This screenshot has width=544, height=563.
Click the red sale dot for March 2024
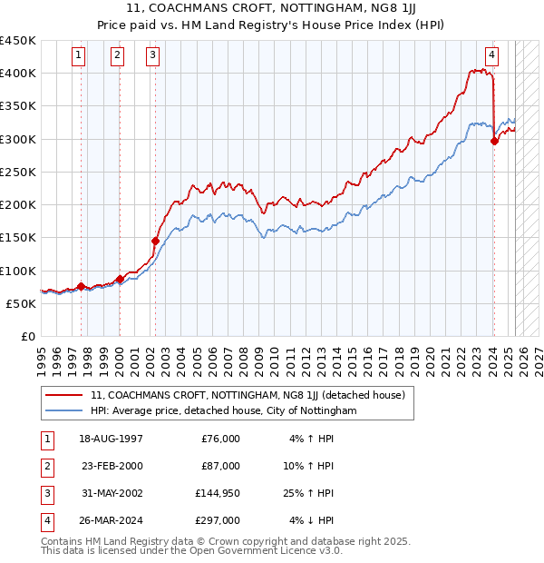click(494, 141)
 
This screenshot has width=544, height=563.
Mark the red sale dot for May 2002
click(155, 242)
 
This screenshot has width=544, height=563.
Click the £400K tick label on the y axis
click(18, 73)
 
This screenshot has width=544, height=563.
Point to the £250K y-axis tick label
click(18, 172)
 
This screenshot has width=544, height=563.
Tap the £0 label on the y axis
click(27, 336)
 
